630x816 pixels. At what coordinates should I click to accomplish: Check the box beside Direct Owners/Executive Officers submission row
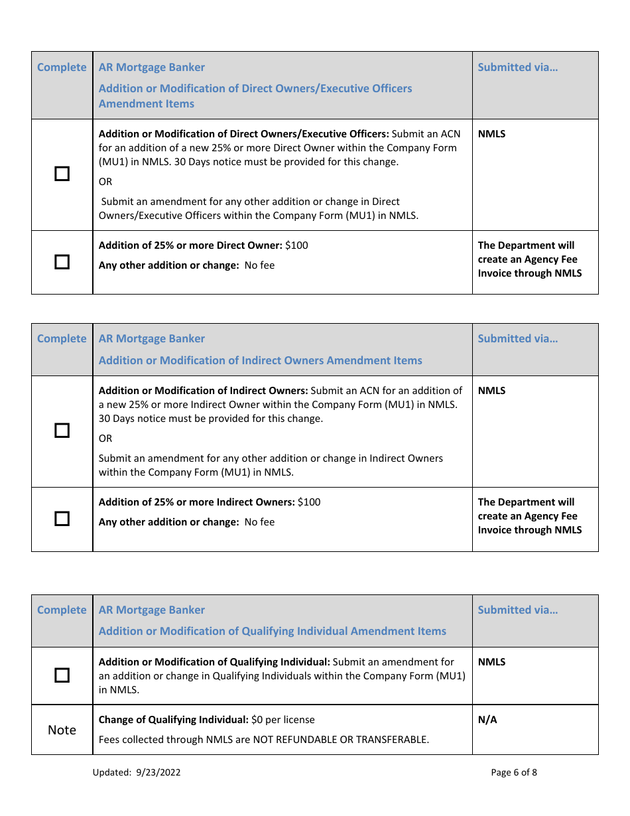62,174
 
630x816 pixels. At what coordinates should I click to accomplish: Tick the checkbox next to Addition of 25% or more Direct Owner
62,262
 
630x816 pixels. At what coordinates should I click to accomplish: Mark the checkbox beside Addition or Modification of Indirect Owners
62,431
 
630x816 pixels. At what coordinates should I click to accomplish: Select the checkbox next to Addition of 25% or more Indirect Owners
62,519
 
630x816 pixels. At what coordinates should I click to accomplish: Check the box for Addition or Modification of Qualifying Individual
62,675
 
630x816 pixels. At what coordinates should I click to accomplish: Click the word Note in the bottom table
62,730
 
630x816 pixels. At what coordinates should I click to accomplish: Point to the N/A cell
487,720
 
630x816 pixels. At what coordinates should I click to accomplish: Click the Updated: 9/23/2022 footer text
137,772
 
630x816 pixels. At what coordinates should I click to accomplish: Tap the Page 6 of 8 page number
514,772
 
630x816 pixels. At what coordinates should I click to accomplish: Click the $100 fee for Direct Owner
296,245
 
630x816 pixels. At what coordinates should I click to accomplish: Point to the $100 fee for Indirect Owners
309,502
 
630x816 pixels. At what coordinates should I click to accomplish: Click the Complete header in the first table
62,68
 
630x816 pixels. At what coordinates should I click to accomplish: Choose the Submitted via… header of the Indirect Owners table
518,339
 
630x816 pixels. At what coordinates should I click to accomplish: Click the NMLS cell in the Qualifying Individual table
491,662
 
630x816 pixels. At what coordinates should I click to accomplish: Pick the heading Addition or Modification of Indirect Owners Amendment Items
260,361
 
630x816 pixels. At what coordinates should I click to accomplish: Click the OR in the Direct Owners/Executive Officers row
105,182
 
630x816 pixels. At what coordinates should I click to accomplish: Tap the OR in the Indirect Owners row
105,439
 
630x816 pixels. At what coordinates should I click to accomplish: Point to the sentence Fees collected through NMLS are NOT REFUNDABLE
263,740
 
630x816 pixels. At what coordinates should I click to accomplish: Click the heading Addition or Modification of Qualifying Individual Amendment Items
272,632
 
